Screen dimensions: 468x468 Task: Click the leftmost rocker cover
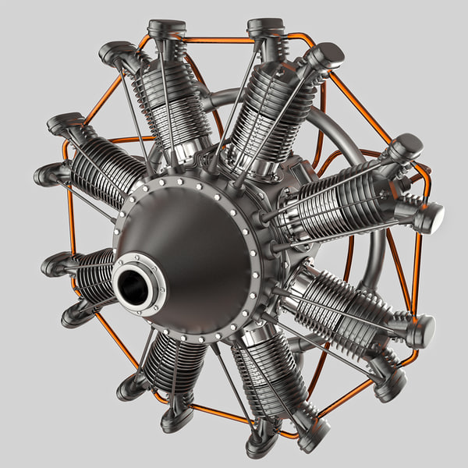48,173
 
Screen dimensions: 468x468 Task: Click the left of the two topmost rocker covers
167,30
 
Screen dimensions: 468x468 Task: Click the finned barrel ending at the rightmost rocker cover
343,207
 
